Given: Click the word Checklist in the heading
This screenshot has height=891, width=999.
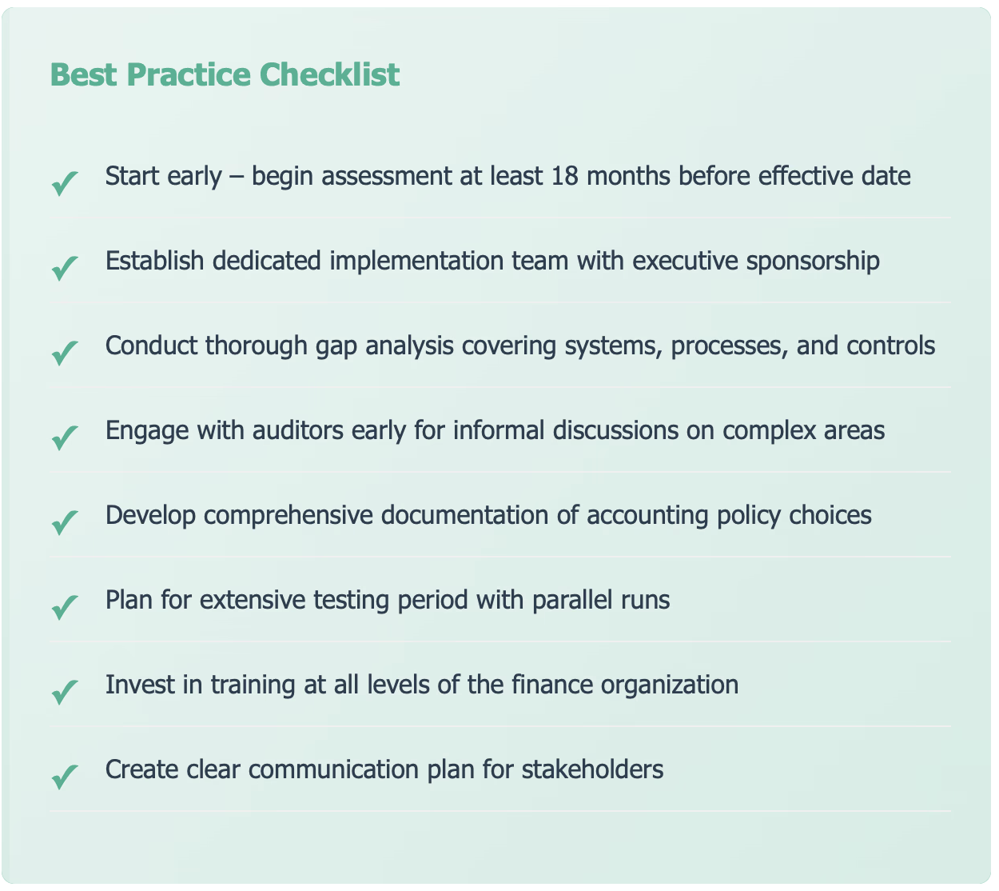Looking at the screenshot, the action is pos(329,74).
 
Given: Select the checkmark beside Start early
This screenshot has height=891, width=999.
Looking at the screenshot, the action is pos(65,184).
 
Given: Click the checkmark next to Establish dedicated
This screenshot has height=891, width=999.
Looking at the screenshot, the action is pos(65,269).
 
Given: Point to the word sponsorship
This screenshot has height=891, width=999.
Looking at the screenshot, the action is pos(813,262).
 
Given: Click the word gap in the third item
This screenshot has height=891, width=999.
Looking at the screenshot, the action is pos(336,347).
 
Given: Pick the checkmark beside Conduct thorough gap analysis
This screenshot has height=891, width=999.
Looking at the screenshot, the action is pos(65,353).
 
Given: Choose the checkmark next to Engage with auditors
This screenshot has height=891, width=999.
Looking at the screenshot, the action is pos(65,438).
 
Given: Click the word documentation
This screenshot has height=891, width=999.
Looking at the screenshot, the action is pos(464,515).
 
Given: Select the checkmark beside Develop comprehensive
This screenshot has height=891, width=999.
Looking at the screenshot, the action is pos(65,523).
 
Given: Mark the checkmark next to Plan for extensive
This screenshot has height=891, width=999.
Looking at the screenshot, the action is pos(65,608).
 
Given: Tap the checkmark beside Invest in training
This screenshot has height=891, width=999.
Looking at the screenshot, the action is pos(65,692).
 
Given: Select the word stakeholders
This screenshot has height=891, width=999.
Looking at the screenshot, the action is pos(593,769).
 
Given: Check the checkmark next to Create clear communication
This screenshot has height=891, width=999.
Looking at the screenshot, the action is pos(65,777).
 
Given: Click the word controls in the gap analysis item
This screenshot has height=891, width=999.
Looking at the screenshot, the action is pos(890,346).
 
